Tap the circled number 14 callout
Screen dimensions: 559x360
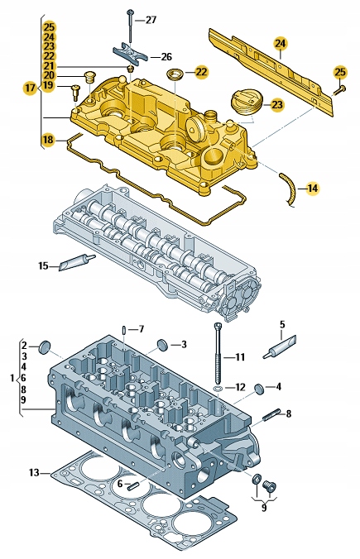pyautogui.click(x=311, y=189)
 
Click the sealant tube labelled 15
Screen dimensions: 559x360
pyautogui.click(x=77, y=263)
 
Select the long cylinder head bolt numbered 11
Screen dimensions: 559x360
pyautogui.click(x=218, y=351)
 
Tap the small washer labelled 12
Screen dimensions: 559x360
pyautogui.click(x=217, y=387)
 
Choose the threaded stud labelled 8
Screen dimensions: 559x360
pyautogui.click(x=273, y=414)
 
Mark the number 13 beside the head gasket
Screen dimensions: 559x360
pyautogui.click(x=34, y=473)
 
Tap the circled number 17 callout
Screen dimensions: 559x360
pyautogui.click(x=31, y=86)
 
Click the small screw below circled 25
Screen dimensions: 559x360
pyautogui.click(x=339, y=89)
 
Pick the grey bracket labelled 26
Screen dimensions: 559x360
pyautogui.click(x=130, y=56)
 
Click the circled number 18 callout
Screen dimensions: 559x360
pyautogui.click(x=48, y=140)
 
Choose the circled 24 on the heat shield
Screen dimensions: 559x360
pyautogui.click(x=280, y=43)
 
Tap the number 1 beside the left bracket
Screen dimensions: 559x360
pyautogui.click(x=12, y=377)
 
